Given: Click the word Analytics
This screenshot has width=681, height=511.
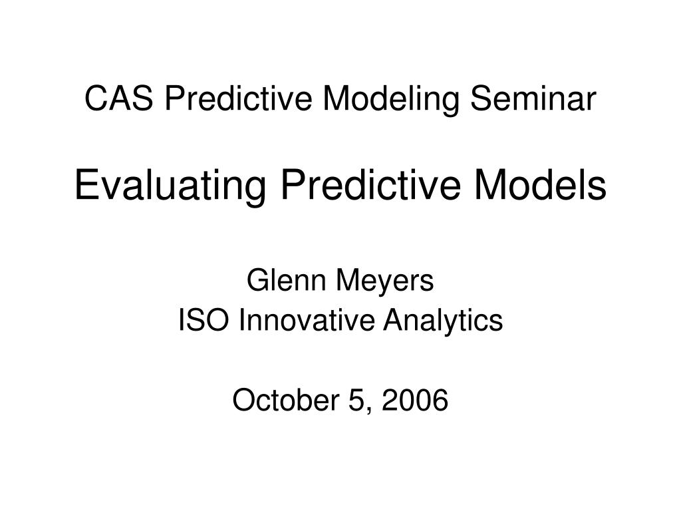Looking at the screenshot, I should (x=444, y=321).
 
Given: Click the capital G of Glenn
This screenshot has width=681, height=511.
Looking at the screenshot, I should (x=255, y=281).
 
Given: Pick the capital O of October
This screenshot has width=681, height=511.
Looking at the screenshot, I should (x=243, y=401).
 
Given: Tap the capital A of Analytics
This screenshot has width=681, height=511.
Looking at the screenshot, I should (x=394, y=321).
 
